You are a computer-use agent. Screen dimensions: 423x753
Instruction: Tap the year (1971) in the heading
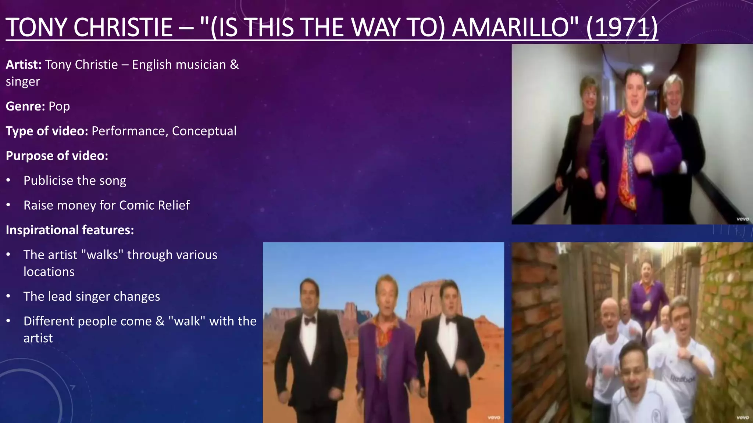[622, 28]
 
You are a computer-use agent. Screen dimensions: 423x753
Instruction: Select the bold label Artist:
[24, 65]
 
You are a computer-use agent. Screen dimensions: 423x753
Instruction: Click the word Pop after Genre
[59, 106]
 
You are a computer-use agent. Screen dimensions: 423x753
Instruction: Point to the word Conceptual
[204, 131]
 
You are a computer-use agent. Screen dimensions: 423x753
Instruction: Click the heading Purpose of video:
[57, 156]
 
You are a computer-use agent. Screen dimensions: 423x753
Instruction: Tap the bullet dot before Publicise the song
[8, 181]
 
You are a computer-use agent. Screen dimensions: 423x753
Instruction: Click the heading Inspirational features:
[70, 230]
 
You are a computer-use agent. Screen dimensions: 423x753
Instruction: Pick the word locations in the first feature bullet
[49, 272]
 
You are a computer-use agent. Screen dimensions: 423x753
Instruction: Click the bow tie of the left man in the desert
[310, 321]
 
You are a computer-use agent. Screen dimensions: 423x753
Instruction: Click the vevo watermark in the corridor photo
[742, 219]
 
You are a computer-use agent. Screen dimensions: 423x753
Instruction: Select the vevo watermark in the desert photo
[493, 417]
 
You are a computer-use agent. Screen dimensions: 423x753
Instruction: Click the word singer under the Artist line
[23, 82]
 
